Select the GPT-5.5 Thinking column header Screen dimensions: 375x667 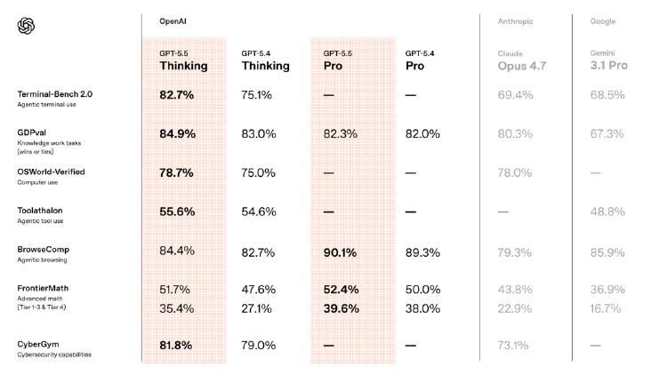(x=183, y=60)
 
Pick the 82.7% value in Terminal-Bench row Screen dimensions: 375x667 (x=176, y=94)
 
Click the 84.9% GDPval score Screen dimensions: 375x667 (x=177, y=134)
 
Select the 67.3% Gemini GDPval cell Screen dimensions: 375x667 (x=607, y=134)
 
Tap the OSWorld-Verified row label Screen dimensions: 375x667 (x=52, y=172)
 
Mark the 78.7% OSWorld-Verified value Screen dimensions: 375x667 (x=176, y=172)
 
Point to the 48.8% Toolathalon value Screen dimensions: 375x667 (x=607, y=211)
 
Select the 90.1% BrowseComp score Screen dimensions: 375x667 (x=341, y=252)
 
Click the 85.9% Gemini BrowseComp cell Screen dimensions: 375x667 (x=608, y=252)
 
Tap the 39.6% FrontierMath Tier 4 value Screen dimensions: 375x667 (x=341, y=308)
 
